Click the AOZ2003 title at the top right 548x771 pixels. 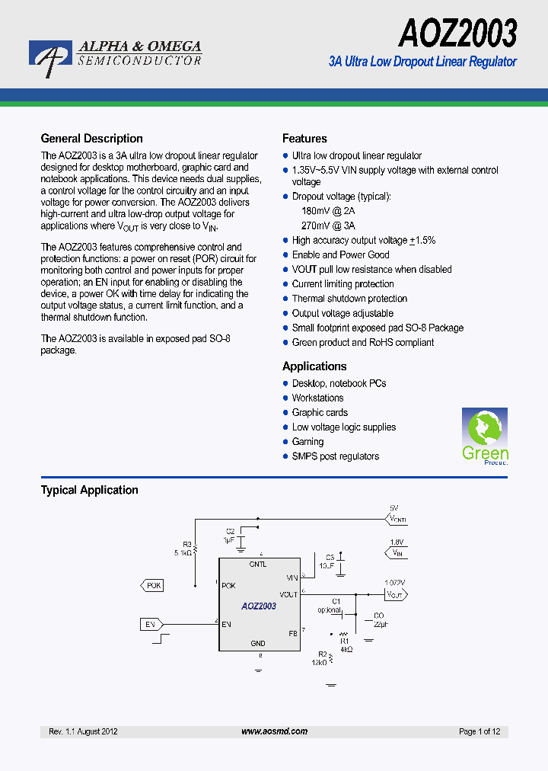pyautogui.click(x=457, y=34)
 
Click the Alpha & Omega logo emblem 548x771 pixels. pyautogui.click(x=50, y=58)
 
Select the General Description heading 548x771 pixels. pyautogui.click(x=91, y=139)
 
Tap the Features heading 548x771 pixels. pyautogui.click(x=304, y=139)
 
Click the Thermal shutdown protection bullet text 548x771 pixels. pyautogui.click(x=349, y=299)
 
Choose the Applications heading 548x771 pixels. pyautogui.click(x=314, y=366)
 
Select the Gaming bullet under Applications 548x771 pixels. pyautogui.click(x=307, y=442)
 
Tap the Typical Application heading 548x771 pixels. pyautogui.click(x=89, y=491)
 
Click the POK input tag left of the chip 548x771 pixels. pyautogui.click(x=152, y=585)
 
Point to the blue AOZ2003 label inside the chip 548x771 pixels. pyautogui.click(x=259, y=606)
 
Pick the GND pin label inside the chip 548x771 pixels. pyautogui.click(x=258, y=644)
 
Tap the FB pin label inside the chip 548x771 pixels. pyautogui.click(x=292, y=632)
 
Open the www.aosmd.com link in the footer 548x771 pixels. pyautogui.click(x=274, y=731)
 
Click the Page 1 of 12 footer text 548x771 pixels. pyautogui.click(x=479, y=731)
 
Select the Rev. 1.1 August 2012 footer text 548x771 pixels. pyautogui.click(x=83, y=731)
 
